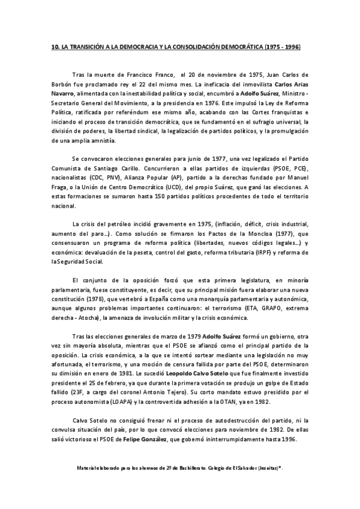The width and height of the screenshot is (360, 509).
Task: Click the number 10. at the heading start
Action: click(55, 47)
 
